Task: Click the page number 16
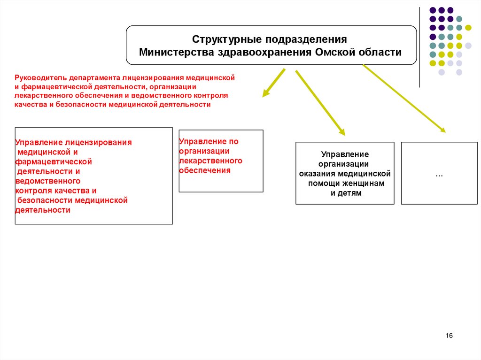click(449, 336)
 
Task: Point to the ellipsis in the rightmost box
click(439, 174)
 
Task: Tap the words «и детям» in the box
click(346, 193)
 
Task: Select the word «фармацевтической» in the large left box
click(54, 161)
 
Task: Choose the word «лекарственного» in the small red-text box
click(210, 161)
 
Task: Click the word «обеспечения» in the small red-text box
click(205, 170)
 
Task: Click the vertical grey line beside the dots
click(419, 47)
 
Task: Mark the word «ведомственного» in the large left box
click(48, 181)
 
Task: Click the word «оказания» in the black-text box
click(314, 174)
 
